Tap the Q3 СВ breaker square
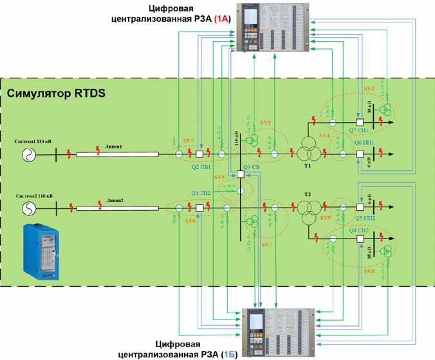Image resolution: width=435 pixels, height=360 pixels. point(240,174)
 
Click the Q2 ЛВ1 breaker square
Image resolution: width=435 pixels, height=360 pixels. point(200,154)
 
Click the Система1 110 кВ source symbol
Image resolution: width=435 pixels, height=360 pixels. point(30,154)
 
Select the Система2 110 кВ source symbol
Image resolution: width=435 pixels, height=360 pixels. point(30,207)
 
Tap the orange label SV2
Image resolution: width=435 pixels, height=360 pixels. point(266,122)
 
